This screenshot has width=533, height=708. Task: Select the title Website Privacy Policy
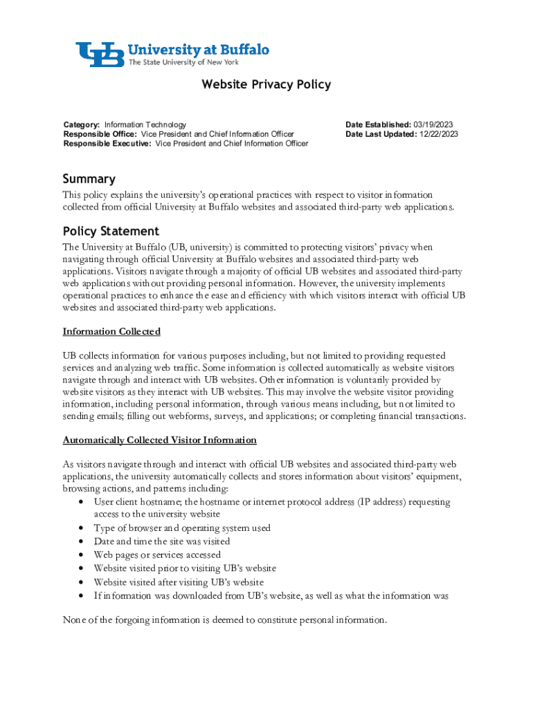click(266, 85)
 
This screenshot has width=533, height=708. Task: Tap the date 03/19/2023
click(433, 125)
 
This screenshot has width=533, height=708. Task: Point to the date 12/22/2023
click(438, 134)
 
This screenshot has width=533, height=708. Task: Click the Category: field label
click(82, 125)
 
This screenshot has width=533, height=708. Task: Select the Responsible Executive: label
click(107, 144)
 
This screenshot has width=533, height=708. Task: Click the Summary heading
click(89, 179)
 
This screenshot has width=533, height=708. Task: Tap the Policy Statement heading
click(111, 231)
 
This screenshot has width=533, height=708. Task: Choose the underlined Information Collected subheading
click(111, 332)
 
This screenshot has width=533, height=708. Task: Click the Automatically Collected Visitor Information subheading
click(160, 440)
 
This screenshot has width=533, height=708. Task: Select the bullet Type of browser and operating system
click(182, 528)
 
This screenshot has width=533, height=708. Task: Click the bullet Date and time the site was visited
click(162, 541)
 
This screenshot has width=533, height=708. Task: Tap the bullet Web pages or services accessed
click(157, 555)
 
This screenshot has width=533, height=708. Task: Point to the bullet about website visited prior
click(185, 568)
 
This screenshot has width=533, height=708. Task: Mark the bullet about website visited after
click(179, 582)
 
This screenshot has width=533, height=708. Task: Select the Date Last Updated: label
click(381, 134)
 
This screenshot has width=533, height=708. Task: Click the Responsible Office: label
click(100, 134)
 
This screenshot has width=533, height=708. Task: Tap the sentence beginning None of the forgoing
click(224, 620)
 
